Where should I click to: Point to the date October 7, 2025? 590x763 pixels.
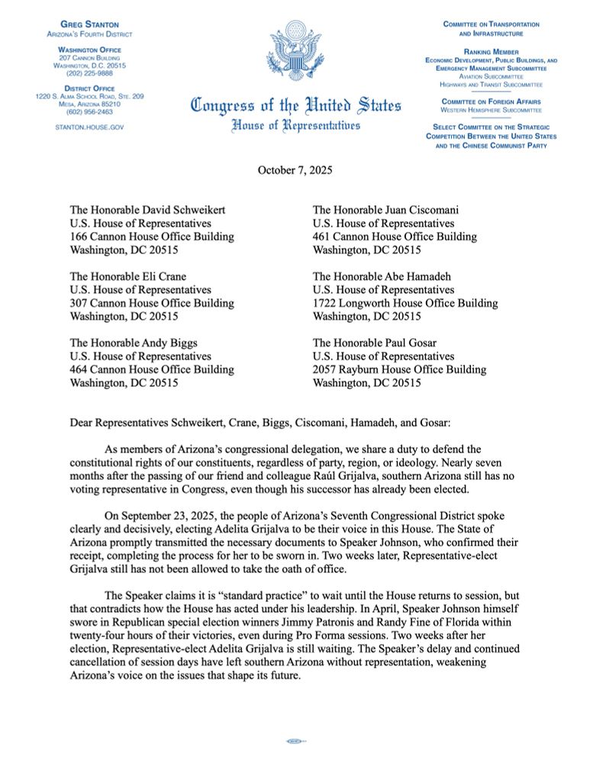click(x=295, y=169)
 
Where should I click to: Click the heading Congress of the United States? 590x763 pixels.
click(x=295, y=107)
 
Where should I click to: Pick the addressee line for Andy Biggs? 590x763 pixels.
click(x=133, y=342)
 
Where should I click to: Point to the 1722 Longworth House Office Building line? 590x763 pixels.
click(x=405, y=303)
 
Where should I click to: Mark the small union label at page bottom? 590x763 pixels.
click(x=295, y=740)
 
